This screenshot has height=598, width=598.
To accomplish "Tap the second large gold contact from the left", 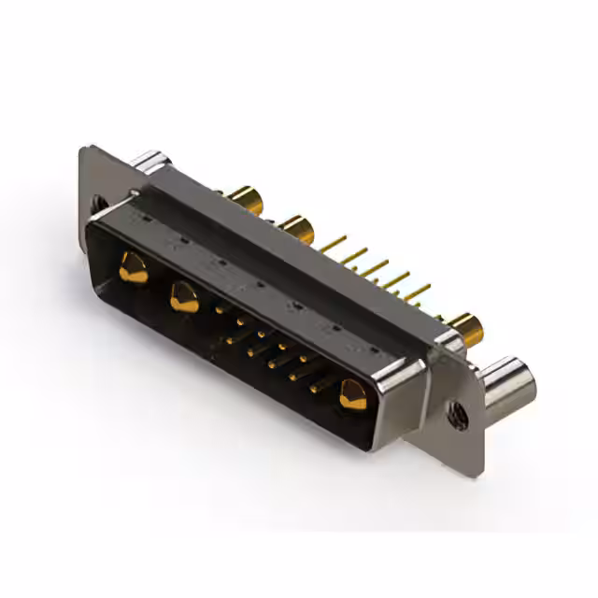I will pyautogui.click(x=184, y=298).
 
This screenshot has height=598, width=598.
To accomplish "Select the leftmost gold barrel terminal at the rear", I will pyautogui.click(x=245, y=198).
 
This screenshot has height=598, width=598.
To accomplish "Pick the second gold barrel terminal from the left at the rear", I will pyautogui.click(x=297, y=227).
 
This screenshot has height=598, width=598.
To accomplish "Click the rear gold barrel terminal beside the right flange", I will pyautogui.click(x=464, y=328).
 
